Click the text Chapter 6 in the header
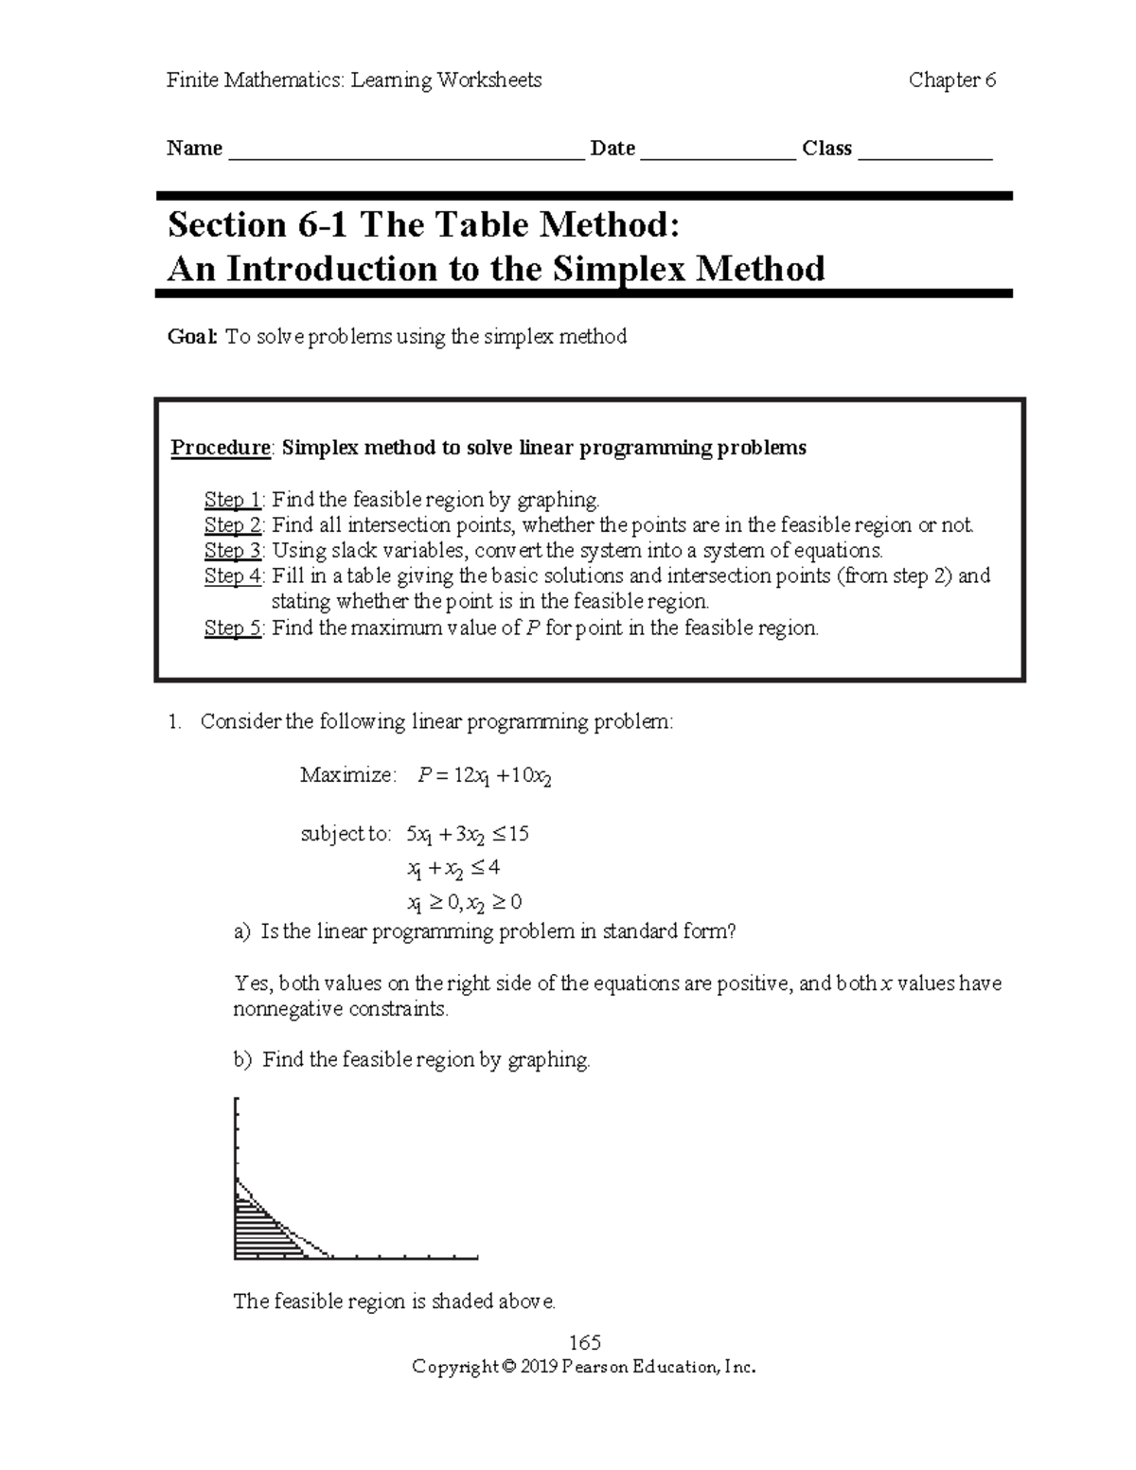pos(951,80)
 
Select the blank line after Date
pos(718,151)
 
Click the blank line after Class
pos(924,151)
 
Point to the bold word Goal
pos(192,337)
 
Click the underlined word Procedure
pos(221,448)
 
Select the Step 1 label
pos(233,500)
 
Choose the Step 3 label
pos(233,551)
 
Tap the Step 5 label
pos(233,628)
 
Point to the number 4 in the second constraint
pos(493,867)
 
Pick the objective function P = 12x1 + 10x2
pos(484,776)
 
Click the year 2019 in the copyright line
pos(539,1367)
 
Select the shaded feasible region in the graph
pos(260,1231)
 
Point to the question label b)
pos(243,1060)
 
